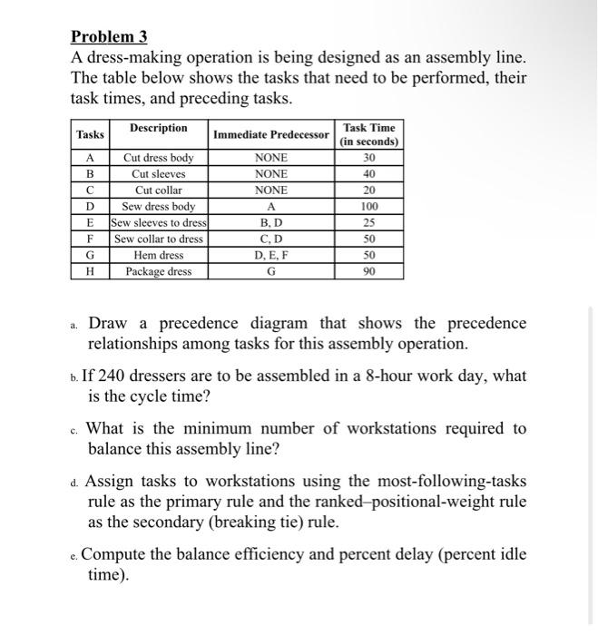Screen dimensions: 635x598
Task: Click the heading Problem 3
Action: tap(108, 37)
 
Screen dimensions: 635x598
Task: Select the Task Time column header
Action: tap(368, 134)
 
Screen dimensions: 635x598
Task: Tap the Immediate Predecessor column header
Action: tap(271, 135)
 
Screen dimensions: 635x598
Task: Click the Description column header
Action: tap(158, 128)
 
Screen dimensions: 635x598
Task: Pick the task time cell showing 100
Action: tap(368, 207)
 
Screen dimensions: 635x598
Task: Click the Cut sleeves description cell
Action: tap(158, 174)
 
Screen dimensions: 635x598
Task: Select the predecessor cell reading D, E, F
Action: tap(271, 255)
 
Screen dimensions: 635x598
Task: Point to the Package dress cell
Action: tap(158, 271)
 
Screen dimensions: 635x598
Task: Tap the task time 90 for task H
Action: tap(368, 271)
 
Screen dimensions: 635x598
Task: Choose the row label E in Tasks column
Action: tap(89, 223)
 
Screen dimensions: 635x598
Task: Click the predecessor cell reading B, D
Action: tap(271, 223)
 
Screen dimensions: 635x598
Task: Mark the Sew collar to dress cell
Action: tap(158, 239)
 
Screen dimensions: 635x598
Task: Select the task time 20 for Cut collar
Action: tap(368, 190)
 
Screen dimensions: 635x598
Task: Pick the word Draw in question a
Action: tap(108, 324)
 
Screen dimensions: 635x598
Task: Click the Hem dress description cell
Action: tap(158, 255)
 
